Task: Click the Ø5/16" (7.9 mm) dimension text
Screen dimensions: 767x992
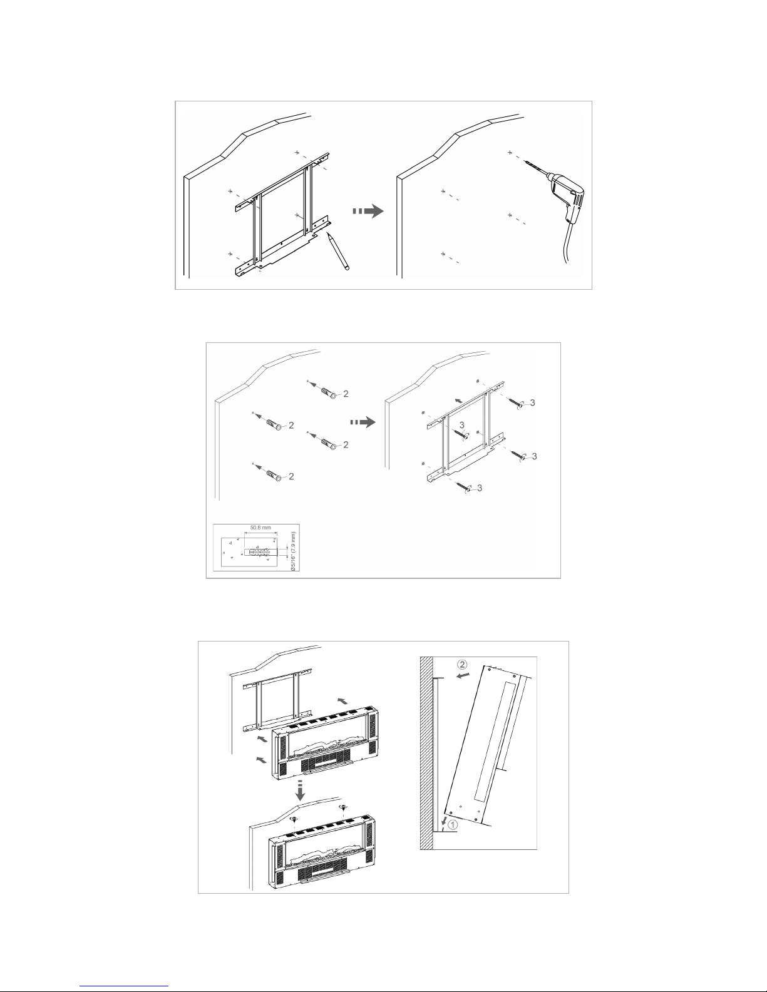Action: pos(294,551)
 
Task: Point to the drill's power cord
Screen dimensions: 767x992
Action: pos(566,250)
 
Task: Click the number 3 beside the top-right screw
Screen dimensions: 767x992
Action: pos(532,404)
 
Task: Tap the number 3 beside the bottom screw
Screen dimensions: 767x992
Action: pos(480,488)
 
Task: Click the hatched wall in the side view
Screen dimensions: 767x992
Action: pos(426,751)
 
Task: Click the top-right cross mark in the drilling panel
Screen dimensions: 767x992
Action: pos(510,152)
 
